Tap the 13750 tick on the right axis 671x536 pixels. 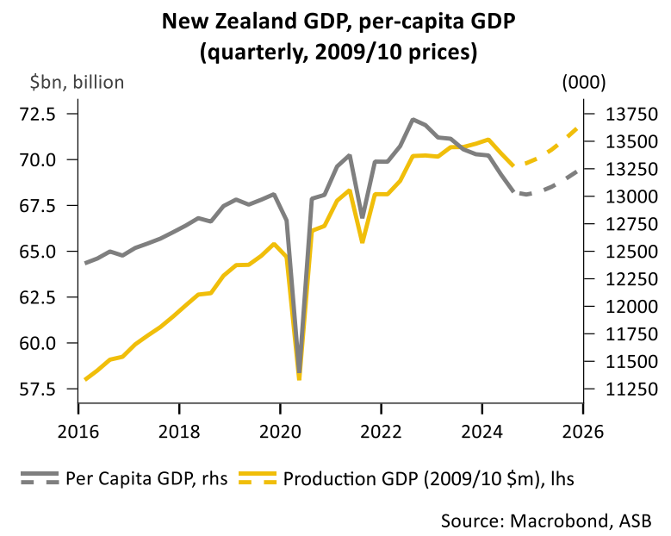(619, 114)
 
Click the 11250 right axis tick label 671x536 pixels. (619, 389)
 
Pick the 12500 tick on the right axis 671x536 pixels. (619, 252)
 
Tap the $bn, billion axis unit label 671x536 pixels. (78, 83)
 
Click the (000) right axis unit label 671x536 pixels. (583, 83)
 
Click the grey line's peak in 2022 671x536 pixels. (413, 119)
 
